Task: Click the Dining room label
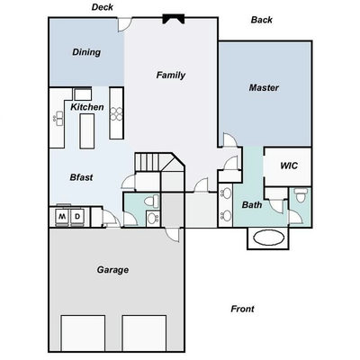click(x=86, y=52)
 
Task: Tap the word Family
click(x=171, y=75)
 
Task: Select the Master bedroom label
click(x=264, y=87)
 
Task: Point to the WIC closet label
click(x=289, y=166)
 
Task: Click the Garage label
click(x=112, y=270)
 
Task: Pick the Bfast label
click(x=81, y=177)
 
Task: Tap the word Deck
click(x=103, y=7)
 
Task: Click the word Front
click(x=242, y=309)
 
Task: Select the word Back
click(x=262, y=20)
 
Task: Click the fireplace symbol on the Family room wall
click(x=174, y=19)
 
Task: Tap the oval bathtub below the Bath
click(x=268, y=238)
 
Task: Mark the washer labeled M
click(x=62, y=216)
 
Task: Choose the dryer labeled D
click(x=77, y=216)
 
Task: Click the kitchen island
click(x=87, y=131)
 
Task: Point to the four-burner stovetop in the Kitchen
click(x=116, y=114)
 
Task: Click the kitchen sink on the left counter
click(x=59, y=118)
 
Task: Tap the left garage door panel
click(x=83, y=333)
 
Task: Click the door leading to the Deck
click(x=124, y=25)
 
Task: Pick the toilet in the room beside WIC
click(x=300, y=195)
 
